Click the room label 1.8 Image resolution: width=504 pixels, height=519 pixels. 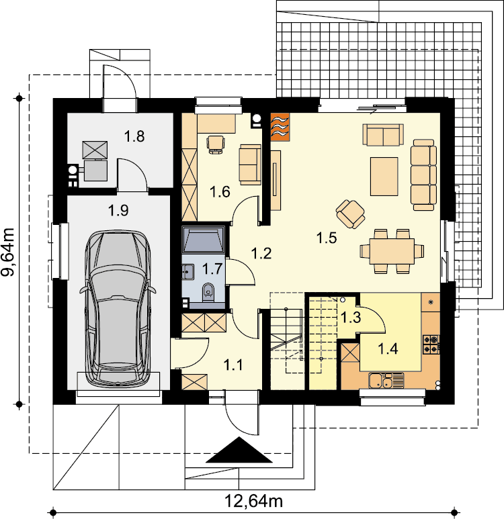134,136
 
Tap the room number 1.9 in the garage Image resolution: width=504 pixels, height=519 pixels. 118,210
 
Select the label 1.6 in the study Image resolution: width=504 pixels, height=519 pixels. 220,191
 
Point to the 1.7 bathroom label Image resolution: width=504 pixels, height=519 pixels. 212,269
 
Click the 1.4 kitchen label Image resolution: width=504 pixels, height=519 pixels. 388,348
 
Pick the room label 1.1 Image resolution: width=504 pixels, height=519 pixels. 233,365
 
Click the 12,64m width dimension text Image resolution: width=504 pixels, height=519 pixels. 254,501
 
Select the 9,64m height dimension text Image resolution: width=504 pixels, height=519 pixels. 8,252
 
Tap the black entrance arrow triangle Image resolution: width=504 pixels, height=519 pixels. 239,450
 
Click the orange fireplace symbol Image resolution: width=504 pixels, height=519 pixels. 280,127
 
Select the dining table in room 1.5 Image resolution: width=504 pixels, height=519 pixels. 392,251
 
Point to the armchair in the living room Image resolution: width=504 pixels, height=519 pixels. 350,214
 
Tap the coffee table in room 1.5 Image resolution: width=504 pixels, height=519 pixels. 384,177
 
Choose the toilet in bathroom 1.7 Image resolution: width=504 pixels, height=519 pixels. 208,292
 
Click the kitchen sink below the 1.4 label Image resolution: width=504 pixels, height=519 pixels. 386,380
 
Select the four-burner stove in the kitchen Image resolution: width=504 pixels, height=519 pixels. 431,344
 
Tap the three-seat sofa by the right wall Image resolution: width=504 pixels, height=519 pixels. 424,175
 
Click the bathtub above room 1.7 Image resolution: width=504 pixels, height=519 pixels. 204,239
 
